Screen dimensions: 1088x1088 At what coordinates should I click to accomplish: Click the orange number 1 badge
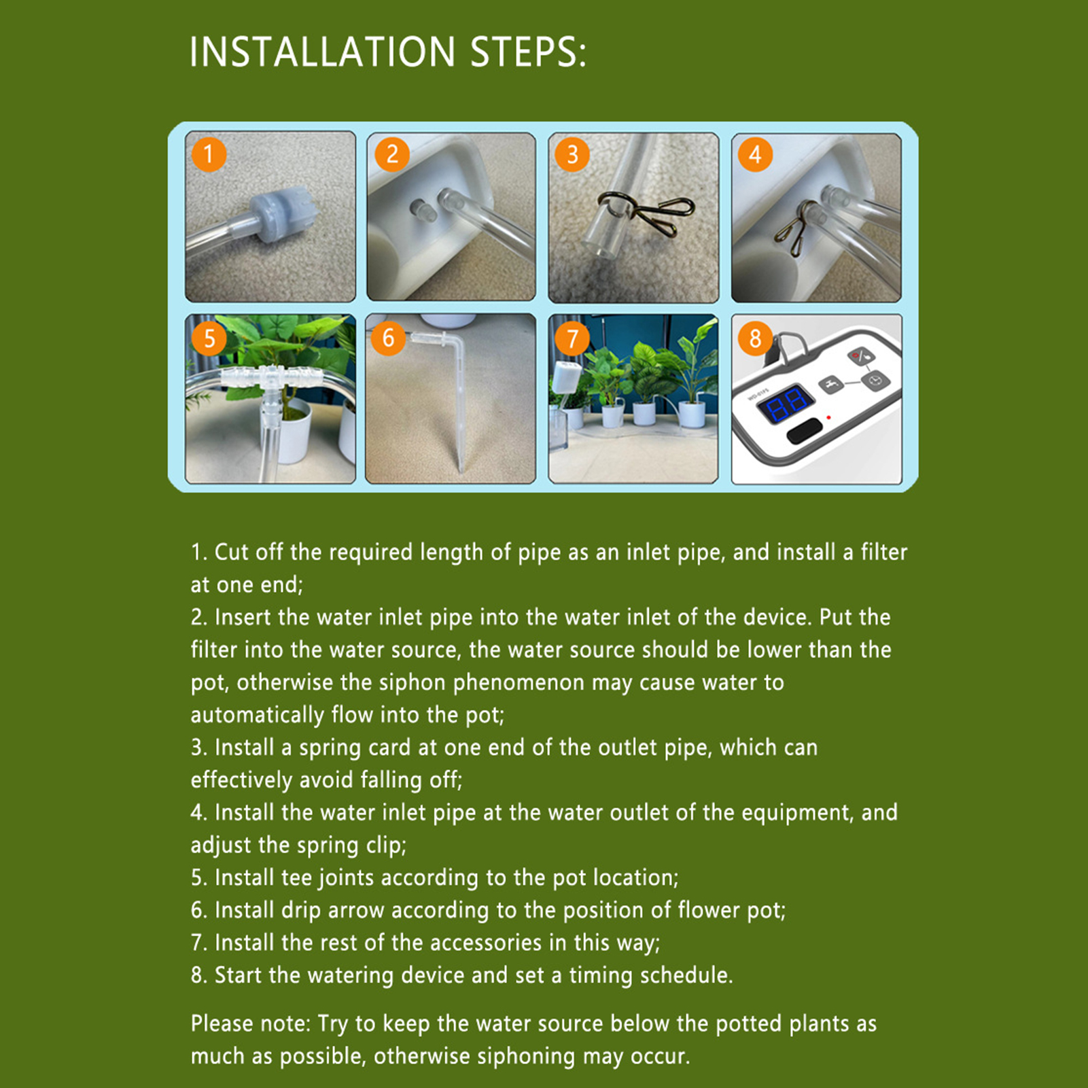(209, 154)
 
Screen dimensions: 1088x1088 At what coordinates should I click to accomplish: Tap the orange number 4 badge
(755, 154)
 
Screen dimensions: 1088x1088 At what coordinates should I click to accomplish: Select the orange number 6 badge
(388, 338)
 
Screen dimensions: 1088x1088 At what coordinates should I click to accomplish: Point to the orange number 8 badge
(755, 338)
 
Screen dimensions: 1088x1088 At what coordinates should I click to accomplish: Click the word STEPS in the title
(528, 52)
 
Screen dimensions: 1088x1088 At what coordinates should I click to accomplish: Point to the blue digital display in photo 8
(786, 404)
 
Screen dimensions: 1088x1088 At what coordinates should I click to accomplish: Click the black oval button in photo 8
(805, 431)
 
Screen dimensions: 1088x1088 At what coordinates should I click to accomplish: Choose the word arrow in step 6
(356, 911)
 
